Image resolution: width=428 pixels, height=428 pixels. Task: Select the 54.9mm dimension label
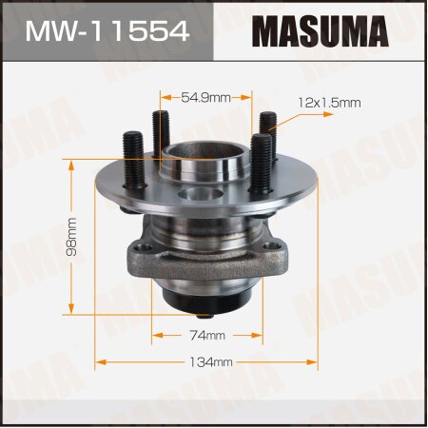click(x=206, y=96)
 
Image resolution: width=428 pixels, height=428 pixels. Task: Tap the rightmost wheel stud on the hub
click(x=268, y=133)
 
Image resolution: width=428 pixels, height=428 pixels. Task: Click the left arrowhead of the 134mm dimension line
click(x=98, y=362)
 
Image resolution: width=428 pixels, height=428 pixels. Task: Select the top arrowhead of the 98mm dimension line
click(x=69, y=162)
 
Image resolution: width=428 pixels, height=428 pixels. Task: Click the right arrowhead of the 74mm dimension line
click(x=259, y=334)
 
